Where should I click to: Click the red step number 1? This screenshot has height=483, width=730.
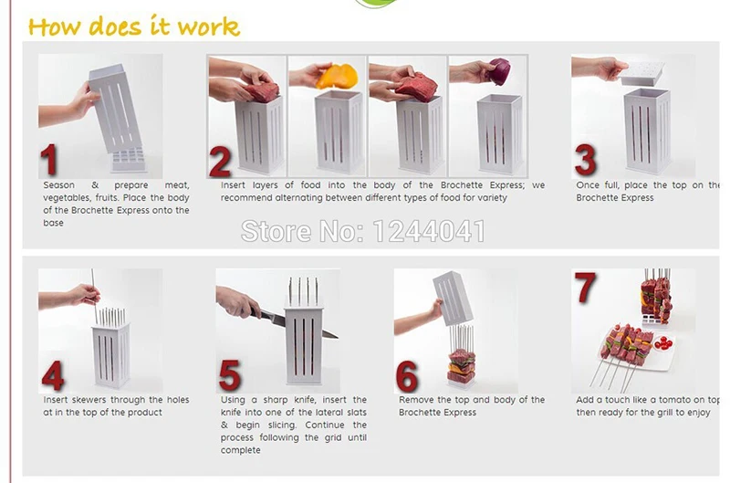tap(49, 159)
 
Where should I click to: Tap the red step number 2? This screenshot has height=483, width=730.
tap(220, 162)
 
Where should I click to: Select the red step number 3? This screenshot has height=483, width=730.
tap(586, 159)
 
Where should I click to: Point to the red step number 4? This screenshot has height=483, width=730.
tap(53, 375)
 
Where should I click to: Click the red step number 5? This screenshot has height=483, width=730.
tap(230, 375)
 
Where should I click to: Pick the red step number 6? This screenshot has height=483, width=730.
tap(407, 376)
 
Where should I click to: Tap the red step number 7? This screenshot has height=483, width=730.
tap(585, 288)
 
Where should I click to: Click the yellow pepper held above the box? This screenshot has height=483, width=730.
tap(337, 76)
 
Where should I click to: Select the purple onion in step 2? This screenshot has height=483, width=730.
tap(498, 71)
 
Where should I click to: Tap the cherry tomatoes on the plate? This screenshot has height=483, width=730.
tap(663, 343)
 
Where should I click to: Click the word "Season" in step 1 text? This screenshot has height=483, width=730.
tap(58, 185)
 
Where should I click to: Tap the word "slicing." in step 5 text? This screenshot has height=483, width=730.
tap(282, 425)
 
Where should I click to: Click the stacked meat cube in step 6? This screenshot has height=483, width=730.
tap(462, 367)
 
